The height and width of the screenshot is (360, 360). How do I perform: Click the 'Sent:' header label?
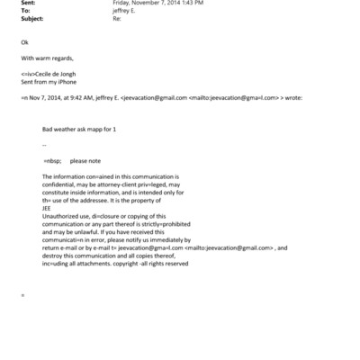pyautogui.click(x=28, y=4)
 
